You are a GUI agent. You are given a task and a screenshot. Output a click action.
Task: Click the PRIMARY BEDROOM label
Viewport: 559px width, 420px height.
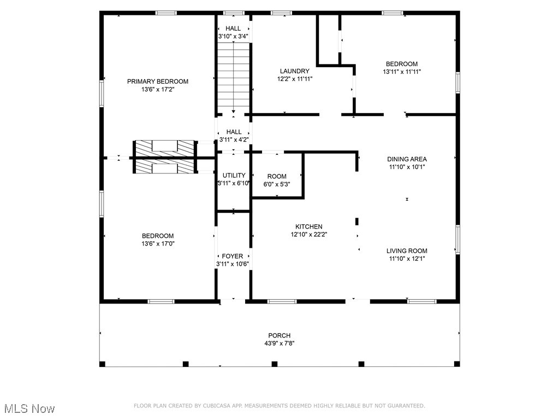point(158,81)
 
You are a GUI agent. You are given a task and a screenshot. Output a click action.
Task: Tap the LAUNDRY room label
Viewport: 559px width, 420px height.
point(294,71)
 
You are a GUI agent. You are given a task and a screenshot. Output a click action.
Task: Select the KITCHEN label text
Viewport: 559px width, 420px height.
point(309,226)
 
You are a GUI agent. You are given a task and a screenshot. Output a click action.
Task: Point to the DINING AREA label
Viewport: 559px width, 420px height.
point(407,159)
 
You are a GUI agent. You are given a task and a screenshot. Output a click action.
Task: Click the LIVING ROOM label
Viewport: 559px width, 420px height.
point(407,250)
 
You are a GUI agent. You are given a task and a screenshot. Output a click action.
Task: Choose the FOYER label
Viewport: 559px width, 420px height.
point(233,256)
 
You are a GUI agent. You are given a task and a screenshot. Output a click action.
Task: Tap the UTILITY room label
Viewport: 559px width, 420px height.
point(234,176)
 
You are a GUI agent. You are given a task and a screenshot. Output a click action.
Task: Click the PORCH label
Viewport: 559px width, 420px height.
point(279,335)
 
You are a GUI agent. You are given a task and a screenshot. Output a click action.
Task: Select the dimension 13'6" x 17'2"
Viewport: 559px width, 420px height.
point(158,89)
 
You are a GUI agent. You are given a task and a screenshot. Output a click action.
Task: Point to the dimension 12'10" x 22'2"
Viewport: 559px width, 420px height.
point(309,234)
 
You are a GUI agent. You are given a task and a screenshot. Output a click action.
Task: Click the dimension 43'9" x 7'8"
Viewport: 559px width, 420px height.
point(279,343)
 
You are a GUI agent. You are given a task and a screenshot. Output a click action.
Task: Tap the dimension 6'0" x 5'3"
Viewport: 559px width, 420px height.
point(277,184)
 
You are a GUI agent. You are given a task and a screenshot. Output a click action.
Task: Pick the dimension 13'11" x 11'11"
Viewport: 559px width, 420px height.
point(402,72)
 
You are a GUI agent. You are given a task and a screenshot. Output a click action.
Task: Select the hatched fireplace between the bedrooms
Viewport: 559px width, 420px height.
point(165,157)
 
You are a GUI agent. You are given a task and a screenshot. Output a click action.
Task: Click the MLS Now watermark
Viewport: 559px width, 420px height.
point(29,408)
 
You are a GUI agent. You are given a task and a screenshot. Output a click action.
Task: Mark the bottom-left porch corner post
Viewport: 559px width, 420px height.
point(102,364)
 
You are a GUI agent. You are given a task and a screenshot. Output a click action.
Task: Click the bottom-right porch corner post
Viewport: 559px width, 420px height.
point(457,364)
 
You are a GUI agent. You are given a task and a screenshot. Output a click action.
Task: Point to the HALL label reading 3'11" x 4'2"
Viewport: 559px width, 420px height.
point(234,136)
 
